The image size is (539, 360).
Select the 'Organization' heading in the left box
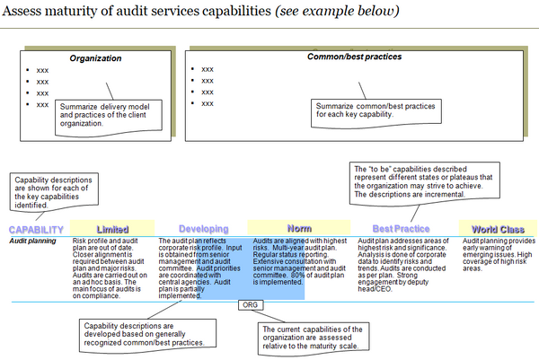96,58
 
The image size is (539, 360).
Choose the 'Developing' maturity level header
203,229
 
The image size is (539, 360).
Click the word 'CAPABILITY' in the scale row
36,230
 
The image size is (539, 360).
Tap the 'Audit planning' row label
32,241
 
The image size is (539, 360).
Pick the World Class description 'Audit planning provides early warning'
496,255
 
